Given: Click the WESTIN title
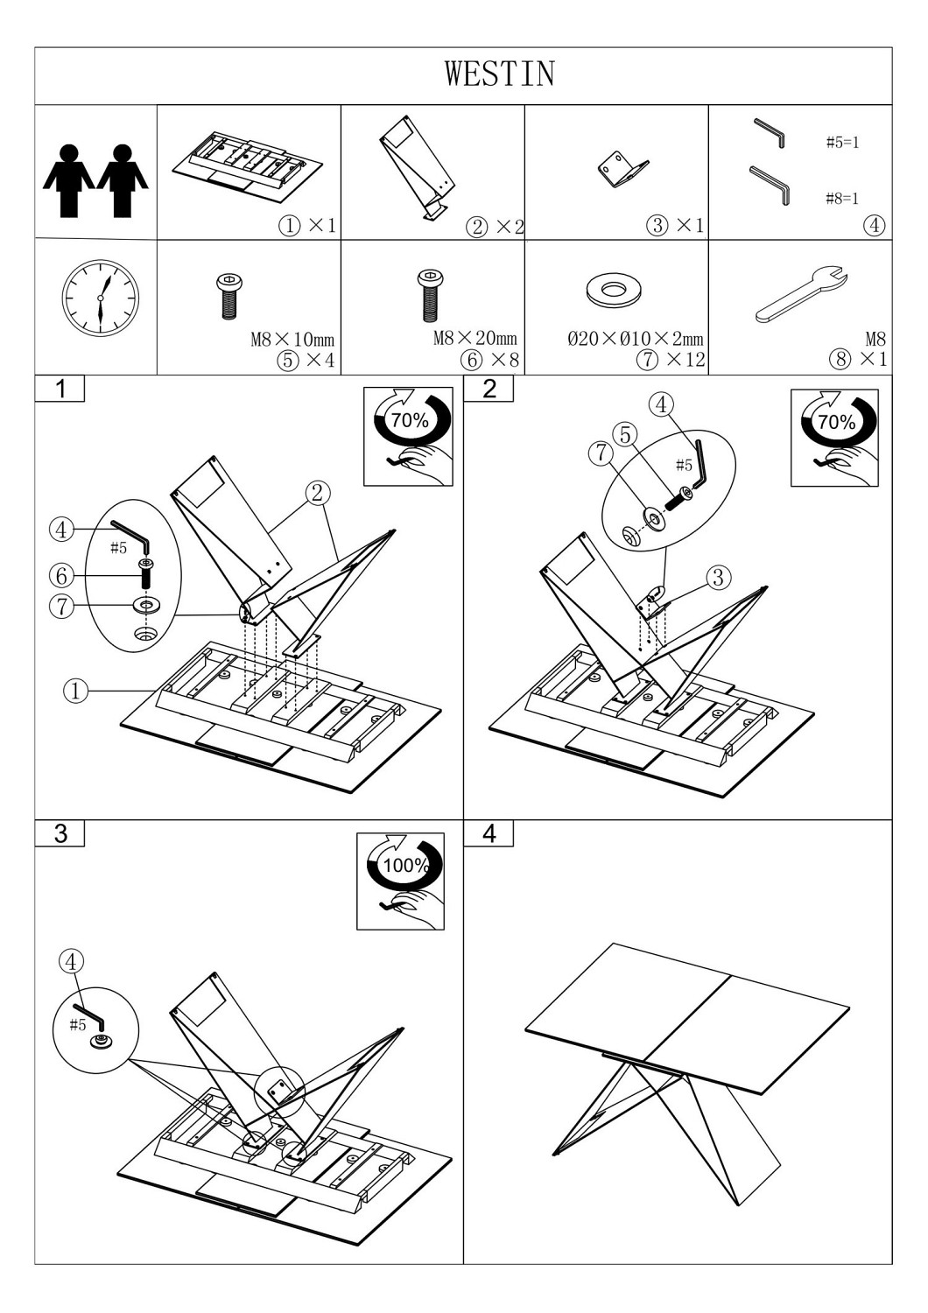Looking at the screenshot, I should [x=500, y=74].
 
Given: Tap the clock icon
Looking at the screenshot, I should [x=100, y=298].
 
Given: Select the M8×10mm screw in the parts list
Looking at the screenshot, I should [x=228, y=296].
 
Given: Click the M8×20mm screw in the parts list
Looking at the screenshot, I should [x=430, y=293].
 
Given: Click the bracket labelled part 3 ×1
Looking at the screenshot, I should [x=622, y=169].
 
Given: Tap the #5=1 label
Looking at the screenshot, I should [x=842, y=143].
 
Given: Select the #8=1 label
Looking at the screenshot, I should [x=842, y=199].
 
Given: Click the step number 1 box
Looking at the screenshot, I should [x=60, y=390].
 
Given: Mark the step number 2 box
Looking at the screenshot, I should [x=489, y=390].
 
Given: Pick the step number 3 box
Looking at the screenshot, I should [x=60, y=833].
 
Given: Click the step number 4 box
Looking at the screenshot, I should [x=489, y=833].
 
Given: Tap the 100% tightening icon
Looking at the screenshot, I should [x=401, y=881].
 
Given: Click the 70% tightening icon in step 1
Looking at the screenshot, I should [x=408, y=436].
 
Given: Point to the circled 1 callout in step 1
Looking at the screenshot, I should [x=75, y=691].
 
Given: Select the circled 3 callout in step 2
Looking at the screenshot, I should [x=718, y=578].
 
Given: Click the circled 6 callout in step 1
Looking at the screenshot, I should [x=61, y=576].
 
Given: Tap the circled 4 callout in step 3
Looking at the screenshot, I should [x=71, y=961].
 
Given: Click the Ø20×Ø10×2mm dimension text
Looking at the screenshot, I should [x=635, y=339].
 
